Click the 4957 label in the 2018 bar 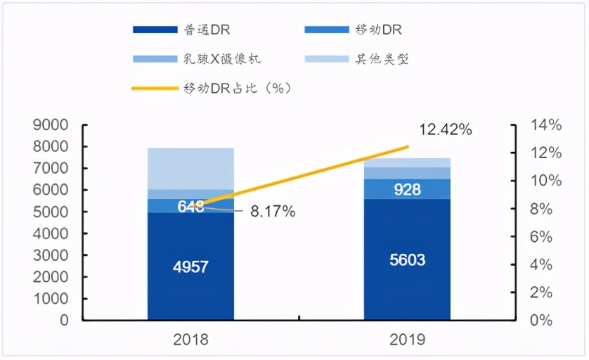click(190, 266)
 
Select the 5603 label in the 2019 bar click(406, 260)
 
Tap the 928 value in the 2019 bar click(406, 189)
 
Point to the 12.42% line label click(446, 130)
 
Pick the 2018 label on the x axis click(190, 340)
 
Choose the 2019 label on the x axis click(407, 340)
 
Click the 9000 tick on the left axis click(51, 126)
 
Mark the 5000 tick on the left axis click(51, 212)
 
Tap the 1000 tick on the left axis click(51, 299)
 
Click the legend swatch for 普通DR click(155, 30)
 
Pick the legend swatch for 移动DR click(327, 30)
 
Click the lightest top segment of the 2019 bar click(407, 162)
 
